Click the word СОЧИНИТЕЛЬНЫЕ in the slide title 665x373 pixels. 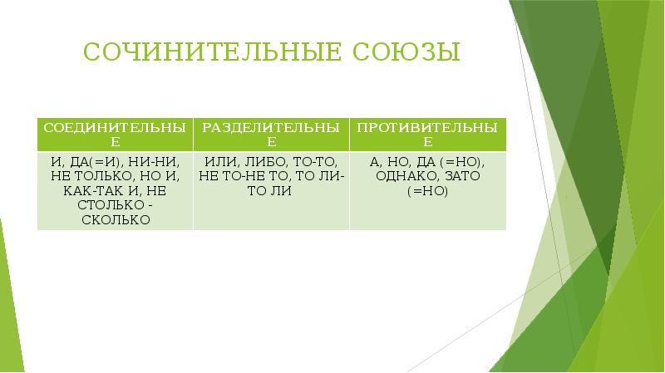[x=204, y=54]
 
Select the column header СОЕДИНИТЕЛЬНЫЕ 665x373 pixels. [x=114, y=135]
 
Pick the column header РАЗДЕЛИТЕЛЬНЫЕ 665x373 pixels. [x=271, y=135]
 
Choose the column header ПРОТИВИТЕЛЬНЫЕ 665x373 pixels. [x=427, y=135]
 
